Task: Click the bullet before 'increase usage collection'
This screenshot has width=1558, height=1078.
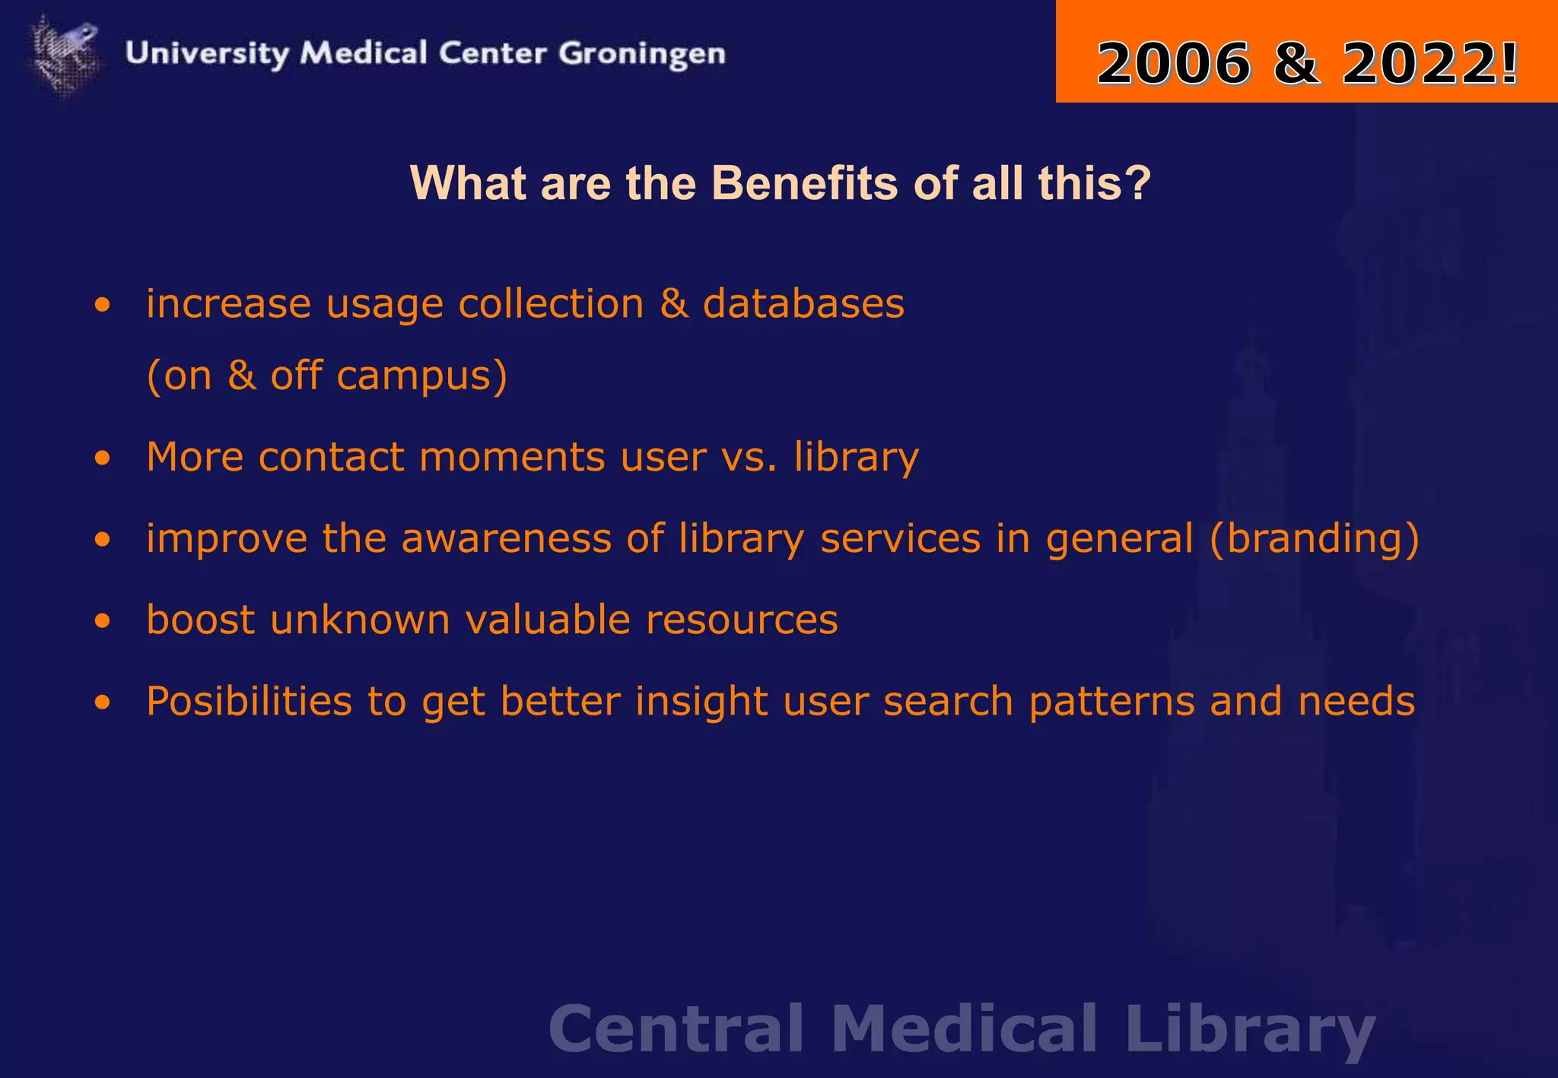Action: tap(103, 306)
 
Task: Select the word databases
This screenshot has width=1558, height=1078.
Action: tap(803, 304)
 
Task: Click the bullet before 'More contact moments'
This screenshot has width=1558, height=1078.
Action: tap(103, 458)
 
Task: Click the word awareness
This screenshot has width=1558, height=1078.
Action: tap(506, 538)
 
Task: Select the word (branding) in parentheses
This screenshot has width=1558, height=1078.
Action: tap(1314, 539)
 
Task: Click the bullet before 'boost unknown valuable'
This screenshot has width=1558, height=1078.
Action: tap(103, 621)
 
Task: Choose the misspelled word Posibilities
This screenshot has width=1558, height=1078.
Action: tap(249, 701)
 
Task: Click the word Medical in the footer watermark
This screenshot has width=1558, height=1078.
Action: tap(964, 1029)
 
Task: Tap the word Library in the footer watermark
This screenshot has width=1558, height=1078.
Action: tap(1250, 1030)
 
